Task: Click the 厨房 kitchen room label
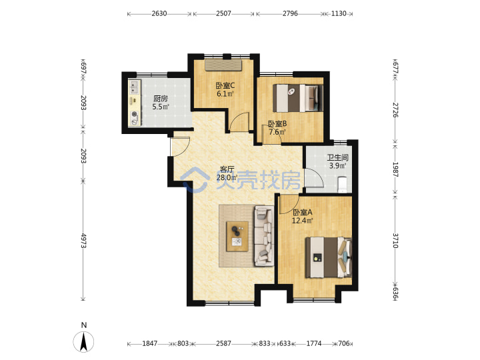click(161, 99)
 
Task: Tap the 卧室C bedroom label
click(225, 85)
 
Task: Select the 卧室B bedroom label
click(277, 124)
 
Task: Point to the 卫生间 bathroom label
click(337, 157)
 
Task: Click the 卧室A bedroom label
click(303, 212)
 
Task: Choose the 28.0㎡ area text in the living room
click(227, 177)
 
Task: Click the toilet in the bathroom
click(342, 185)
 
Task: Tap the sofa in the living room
click(264, 236)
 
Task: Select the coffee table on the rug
click(237, 236)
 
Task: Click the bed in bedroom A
click(329, 257)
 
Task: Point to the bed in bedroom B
click(298, 98)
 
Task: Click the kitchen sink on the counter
click(134, 87)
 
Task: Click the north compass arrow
click(83, 341)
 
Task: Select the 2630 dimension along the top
click(159, 13)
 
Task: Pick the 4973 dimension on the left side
click(83, 241)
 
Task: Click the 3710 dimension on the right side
click(395, 241)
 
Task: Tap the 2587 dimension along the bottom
click(223, 343)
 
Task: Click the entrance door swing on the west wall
click(180, 146)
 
